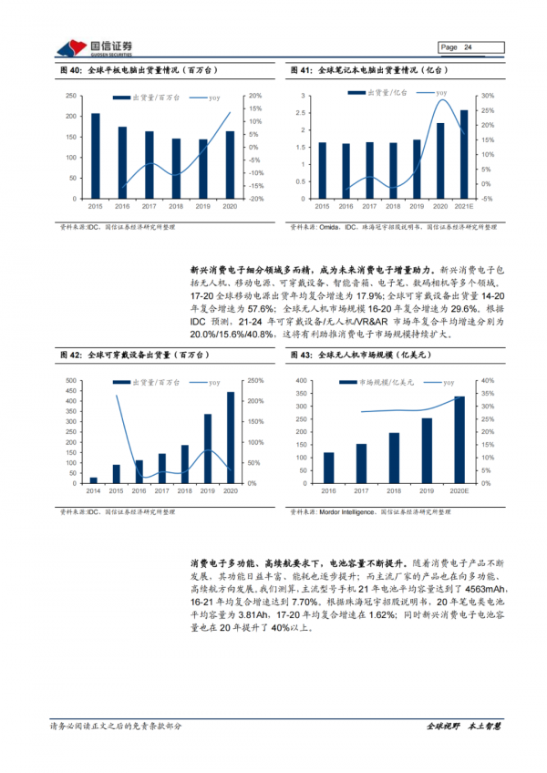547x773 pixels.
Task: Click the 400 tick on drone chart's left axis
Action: pyautogui.click(x=301, y=380)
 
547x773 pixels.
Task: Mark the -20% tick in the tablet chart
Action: pyautogui.click(x=257, y=199)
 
